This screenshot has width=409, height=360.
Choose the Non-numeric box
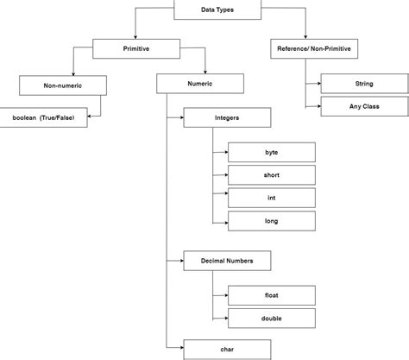click(62, 85)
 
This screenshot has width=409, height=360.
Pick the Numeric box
click(199, 85)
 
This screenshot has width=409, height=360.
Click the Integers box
click(227, 118)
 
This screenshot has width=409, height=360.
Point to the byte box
click(271, 152)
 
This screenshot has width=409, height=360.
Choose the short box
click(271, 175)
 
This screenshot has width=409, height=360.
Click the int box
click(271, 198)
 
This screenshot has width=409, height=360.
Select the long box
click(271, 221)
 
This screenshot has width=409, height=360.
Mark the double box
click(271, 317)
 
